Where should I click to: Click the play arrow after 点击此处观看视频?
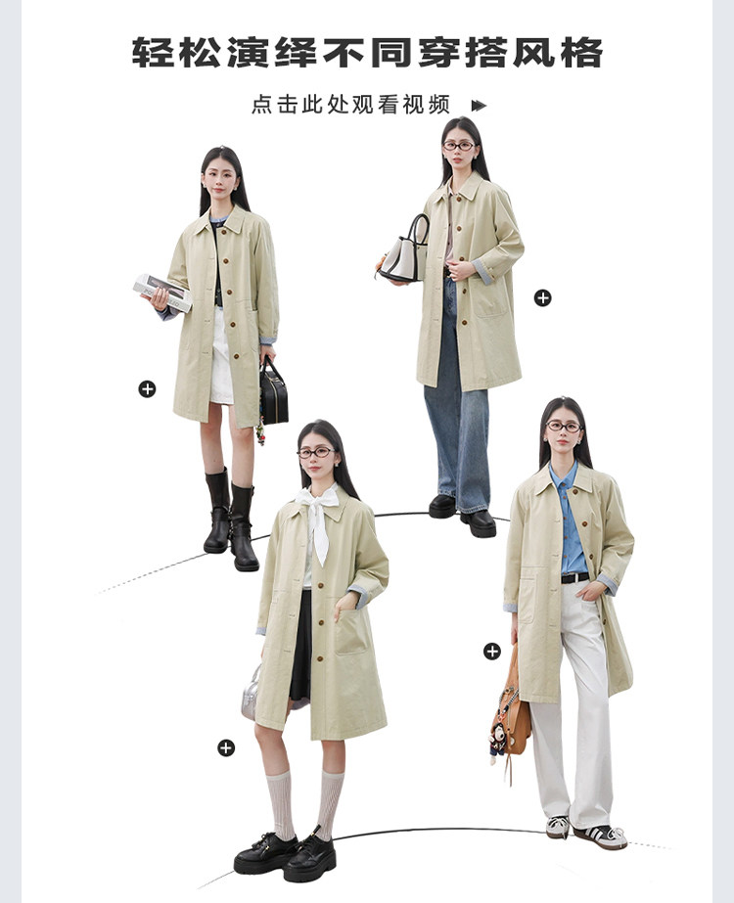(479, 106)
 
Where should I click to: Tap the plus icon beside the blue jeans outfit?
(543, 297)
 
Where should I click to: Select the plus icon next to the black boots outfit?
(147, 389)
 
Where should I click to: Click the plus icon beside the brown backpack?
(491, 652)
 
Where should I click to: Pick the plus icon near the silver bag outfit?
(226, 748)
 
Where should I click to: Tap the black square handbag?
(273, 392)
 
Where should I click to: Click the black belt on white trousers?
(575, 577)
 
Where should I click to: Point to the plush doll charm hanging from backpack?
(496, 743)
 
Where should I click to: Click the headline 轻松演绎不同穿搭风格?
(367, 53)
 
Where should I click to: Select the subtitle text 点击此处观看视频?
(350, 105)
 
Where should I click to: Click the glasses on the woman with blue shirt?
(564, 427)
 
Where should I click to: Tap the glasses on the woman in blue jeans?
(459, 146)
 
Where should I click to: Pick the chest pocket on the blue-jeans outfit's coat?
(491, 295)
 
